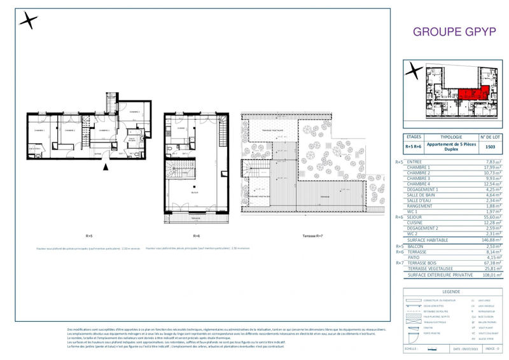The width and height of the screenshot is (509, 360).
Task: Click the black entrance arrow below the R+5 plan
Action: click(107, 167)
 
